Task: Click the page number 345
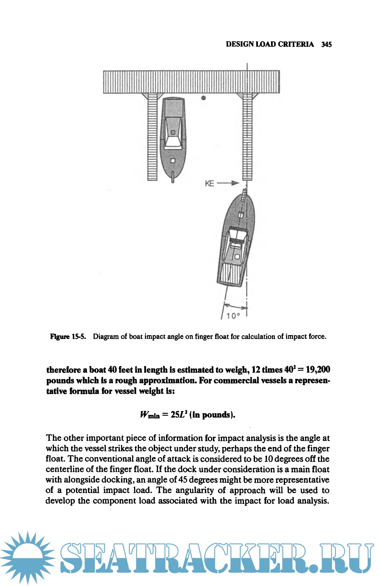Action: click(326, 44)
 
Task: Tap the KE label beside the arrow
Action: click(209, 183)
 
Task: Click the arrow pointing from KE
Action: click(228, 183)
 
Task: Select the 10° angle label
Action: click(233, 316)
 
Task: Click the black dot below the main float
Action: click(203, 98)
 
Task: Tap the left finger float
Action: click(152, 137)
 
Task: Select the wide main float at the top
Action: click(191, 82)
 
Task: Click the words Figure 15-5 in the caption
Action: click(68, 336)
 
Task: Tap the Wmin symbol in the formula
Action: click(150, 415)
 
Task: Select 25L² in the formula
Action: click(179, 415)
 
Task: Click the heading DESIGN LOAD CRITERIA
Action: click(270, 44)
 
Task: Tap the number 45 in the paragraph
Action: click(183, 480)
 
